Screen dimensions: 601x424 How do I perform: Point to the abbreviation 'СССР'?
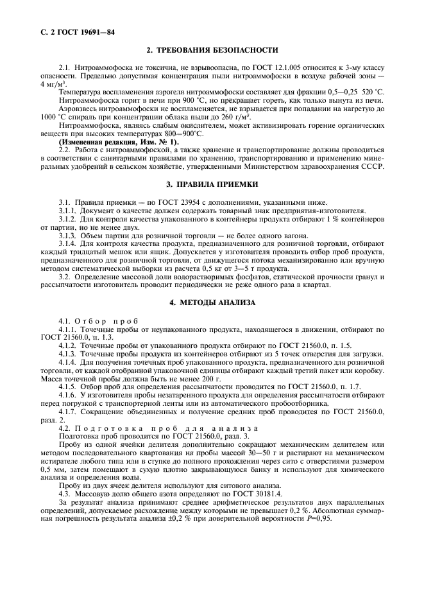click(372, 166)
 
